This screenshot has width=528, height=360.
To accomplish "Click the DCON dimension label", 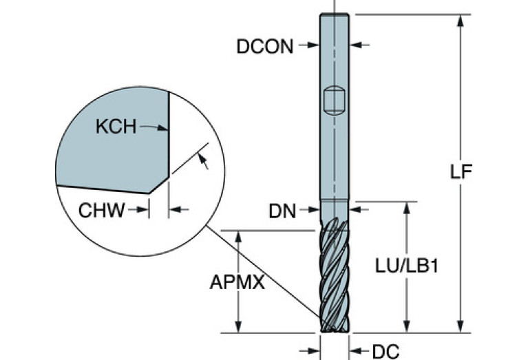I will pos(264,46).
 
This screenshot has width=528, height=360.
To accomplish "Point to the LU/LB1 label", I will pos(408,266).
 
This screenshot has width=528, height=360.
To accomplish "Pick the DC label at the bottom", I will pos(386,351).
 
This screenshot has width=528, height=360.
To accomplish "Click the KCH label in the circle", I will pos(116,127).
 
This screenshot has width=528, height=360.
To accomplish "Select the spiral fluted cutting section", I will pos(334,275).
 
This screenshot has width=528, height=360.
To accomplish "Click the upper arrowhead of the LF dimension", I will pos(460,19).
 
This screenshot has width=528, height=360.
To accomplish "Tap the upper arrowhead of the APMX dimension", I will pos(239,235).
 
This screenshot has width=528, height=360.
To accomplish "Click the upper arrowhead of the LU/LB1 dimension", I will pos(408,207).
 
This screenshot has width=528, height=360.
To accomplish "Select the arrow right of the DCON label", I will pos(308,46).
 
